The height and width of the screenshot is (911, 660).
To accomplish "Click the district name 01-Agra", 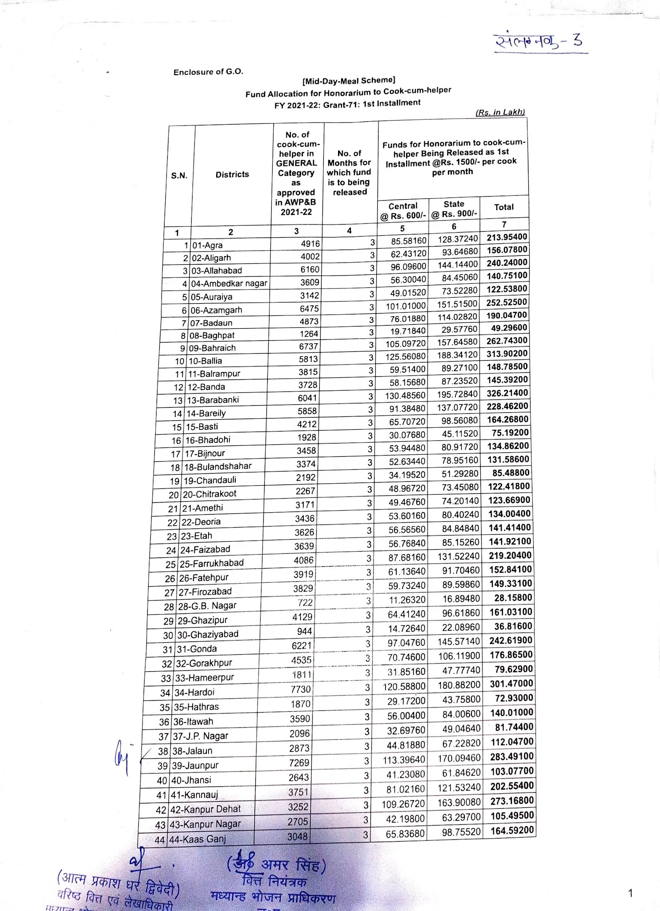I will [x=207, y=245].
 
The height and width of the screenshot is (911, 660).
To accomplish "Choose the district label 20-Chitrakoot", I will [x=209, y=494].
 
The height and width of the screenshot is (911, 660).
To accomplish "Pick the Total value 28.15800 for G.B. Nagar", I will [x=513, y=598].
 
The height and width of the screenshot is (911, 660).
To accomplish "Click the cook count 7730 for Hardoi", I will [x=300, y=689].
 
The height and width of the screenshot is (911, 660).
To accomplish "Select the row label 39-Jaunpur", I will [x=195, y=765].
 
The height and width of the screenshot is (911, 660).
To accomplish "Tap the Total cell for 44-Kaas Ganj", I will [x=512, y=830].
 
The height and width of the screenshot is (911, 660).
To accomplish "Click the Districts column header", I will [x=232, y=174].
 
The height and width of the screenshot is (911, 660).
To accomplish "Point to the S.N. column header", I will [x=179, y=176].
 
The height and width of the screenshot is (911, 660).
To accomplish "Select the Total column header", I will [x=504, y=207].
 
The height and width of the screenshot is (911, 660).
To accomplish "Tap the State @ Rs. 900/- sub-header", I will [x=454, y=209].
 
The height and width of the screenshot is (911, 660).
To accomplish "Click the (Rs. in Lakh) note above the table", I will [x=500, y=112].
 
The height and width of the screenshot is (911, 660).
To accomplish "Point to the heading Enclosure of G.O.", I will [x=208, y=72].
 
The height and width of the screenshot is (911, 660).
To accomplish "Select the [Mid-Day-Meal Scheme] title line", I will [x=349, y=81].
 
